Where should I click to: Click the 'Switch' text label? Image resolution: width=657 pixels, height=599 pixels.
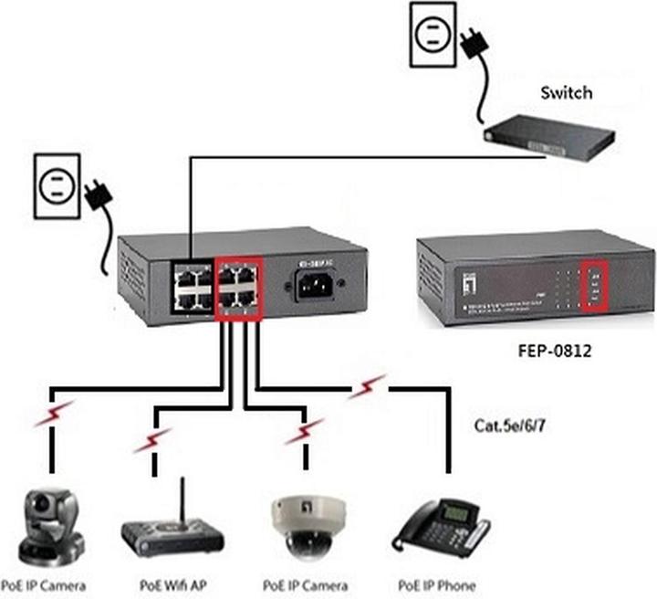tap(566, 92)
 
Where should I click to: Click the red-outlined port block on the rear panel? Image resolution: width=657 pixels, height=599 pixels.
tap(238, 289)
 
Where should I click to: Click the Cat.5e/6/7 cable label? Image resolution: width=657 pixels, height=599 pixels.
tap(512, 425)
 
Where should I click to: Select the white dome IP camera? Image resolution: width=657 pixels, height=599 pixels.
tap(302, 528)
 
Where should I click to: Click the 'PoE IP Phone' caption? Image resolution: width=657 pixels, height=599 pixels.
tap(436, 584)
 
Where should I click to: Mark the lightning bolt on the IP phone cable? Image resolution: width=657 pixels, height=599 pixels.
tap(369, 387)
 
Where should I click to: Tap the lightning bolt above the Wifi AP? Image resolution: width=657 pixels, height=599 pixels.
tap(151, 441)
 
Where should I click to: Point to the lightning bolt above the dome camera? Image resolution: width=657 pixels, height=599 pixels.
tap(303, 430)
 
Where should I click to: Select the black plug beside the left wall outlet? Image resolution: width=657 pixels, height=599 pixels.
tap(97, 195)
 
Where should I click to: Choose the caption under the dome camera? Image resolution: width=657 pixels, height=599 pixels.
tap(305, 584)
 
